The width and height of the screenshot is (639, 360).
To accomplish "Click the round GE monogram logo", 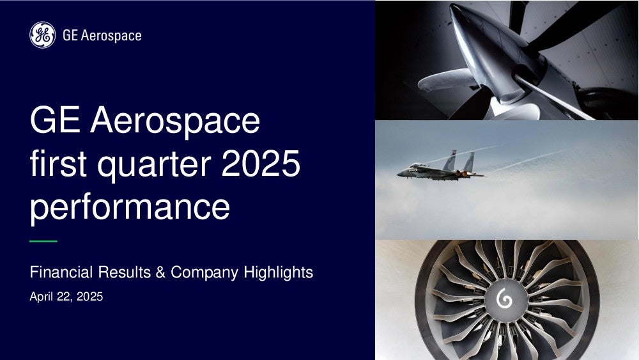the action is coord(42,35).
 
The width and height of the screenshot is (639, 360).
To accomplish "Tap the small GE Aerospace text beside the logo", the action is coord(102,35).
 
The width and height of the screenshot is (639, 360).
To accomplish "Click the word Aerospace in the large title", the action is coord(175,120).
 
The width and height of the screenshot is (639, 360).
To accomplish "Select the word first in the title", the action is coord(58,163).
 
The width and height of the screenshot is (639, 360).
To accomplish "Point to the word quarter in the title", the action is coord(155,165).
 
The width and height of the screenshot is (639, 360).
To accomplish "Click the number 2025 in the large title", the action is coord(261,163).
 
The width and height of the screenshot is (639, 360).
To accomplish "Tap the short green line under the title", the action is coord(43,241).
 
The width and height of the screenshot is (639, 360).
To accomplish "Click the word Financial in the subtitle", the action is coord(61,272).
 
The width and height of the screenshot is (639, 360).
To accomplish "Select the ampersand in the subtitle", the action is coord(160,272).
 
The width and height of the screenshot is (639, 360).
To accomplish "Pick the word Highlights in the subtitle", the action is coord(279,272).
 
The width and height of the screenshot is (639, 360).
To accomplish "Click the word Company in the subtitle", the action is coord(204,273).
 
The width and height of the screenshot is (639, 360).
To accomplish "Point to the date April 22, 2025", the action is coord(66,297).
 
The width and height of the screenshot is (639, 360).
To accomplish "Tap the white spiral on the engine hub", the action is coord(504,300).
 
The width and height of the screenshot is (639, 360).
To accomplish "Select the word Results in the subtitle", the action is coord(125,272).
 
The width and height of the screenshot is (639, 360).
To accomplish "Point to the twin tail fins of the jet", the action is coord(459,160).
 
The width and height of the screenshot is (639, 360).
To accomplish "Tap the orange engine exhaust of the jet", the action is coord(464,175).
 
